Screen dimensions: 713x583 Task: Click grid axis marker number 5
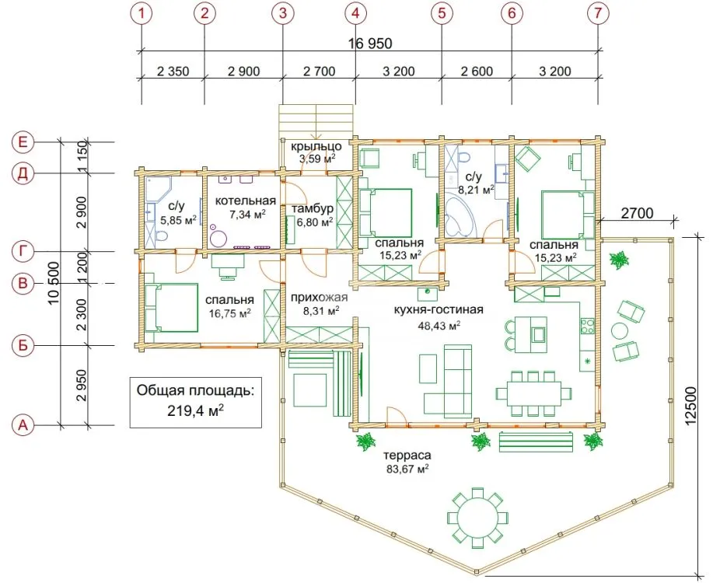[x=442, y=13]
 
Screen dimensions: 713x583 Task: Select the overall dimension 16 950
[x=370, y=44]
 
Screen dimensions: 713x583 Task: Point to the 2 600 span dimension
[x=477, y=72]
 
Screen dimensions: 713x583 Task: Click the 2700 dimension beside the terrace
[x=637, y=213]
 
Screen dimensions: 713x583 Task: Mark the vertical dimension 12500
[x=690, y=406]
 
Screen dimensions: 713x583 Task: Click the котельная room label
[x=246, y=201]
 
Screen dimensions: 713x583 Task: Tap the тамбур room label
[x=313, y=209]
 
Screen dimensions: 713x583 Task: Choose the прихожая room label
[x=319, y=298]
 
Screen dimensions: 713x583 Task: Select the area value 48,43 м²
[x=439, y=325]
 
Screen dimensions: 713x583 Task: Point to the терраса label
[x=407, y=456]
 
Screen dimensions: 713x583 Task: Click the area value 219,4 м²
[x=195, y=410]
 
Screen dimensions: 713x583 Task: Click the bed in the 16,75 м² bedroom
[x=171, y=308]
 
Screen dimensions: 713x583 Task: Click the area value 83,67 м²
[x=407, y=469]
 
